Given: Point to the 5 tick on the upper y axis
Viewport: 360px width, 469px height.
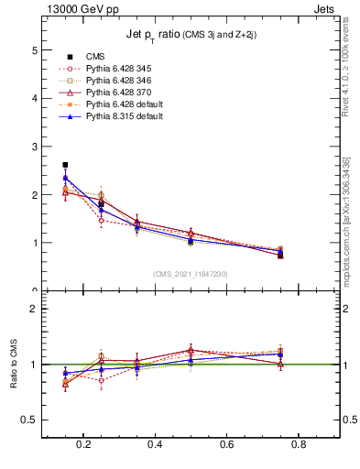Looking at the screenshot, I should click(34, 49).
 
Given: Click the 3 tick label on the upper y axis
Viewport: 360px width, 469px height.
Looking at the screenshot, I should click(34, 147).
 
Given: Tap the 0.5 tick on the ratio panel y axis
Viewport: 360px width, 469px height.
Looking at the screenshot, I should click(30, 420).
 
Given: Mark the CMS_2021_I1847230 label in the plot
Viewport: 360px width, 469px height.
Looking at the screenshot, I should click(191, 274).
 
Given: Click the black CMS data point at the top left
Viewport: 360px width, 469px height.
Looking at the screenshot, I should click(65, 165).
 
